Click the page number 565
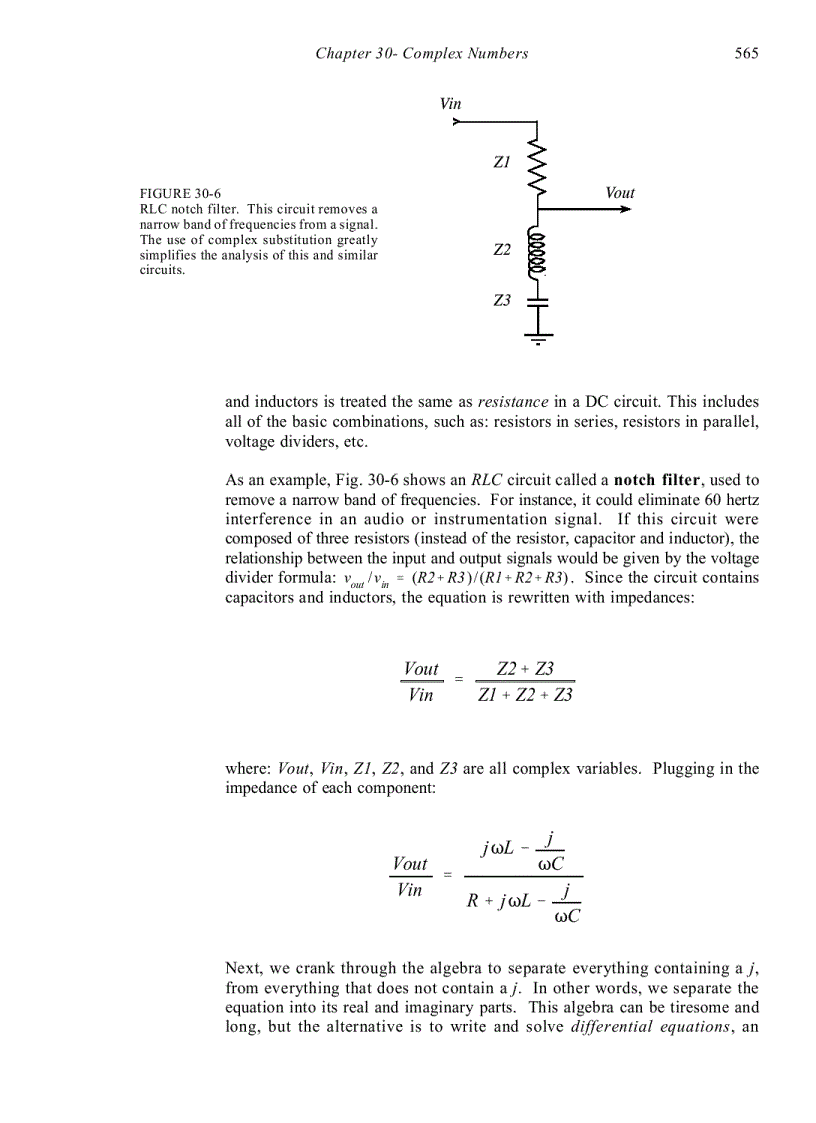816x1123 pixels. (746, 53)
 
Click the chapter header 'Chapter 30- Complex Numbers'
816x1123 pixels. (421, 53)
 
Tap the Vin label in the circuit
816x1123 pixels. (450, 104)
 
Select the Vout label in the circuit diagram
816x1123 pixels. (620, 193)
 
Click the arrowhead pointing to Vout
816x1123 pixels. (625, 210)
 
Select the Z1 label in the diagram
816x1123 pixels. (502, 161)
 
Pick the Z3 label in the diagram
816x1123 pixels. (502, 300)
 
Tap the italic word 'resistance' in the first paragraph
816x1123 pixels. (513, 402)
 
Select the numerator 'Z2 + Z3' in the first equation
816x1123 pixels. (525, 669)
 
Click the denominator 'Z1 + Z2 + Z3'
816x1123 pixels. (525, 695)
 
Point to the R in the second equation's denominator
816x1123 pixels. (474, 900)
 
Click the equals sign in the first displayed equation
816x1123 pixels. (459, 681)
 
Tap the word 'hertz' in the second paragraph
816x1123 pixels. (738, 499)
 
